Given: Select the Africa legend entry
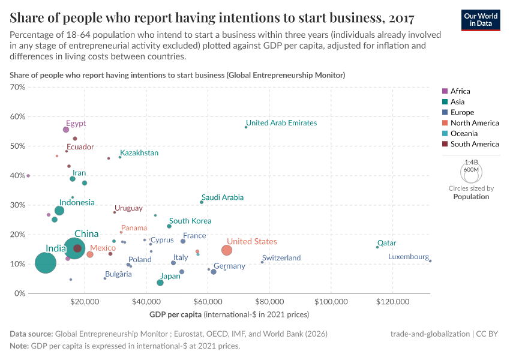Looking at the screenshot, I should (x=460, y=91).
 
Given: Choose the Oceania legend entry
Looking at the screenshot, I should (x=464, y=133).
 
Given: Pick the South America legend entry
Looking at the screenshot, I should (x=475, y=144).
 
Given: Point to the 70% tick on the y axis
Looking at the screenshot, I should (x=17, y=87).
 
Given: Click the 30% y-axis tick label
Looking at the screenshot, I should (x=17, y=205).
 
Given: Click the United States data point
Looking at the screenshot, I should (x=226, y=250).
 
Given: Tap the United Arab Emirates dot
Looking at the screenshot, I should (x=246, y=127).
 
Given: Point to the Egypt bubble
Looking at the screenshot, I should (x=66, y=130).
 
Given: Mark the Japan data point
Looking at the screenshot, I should (x=160, y=283).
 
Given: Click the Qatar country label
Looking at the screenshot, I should (x=386, y=243).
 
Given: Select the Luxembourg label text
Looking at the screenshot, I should (x=409, y=257).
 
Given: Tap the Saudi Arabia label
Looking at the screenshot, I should (x=223, y=197).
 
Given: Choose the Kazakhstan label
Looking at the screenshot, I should (x=139, y=153).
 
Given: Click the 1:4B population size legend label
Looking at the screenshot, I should (x=471, y=163).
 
